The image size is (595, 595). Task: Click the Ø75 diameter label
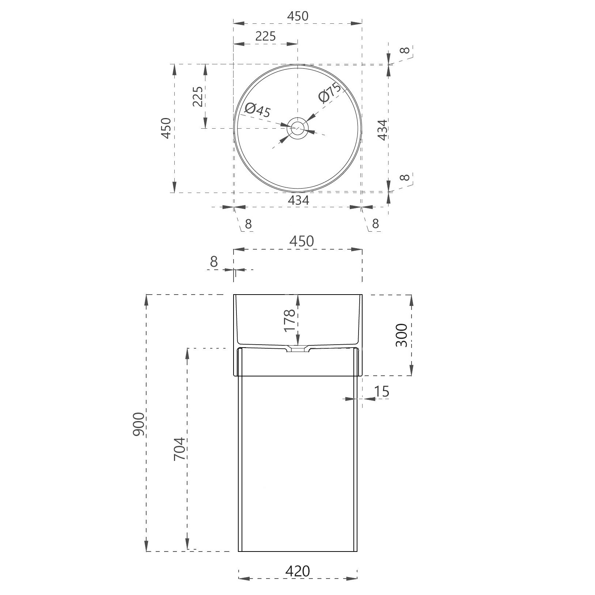click(x=329, y=93)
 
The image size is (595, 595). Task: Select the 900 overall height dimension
click(x=139, y=424)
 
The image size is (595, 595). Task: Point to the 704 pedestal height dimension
click(x=180, y=449)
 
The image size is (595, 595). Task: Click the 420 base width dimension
click(x=297, y=571)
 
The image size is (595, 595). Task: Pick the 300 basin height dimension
click(x=401, y=335)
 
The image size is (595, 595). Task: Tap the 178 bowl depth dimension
click(x=289, y=320)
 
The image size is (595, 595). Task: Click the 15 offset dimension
click(x=382, y=391)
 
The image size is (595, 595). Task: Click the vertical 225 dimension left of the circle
click(x=198, y=96)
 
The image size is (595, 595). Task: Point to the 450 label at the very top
click(x=297, y=16)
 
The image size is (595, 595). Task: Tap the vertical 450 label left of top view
click(x=166, y=128)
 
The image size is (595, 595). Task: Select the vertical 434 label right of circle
click(x=382, y=130)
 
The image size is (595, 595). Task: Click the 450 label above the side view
click(x=302, y=241)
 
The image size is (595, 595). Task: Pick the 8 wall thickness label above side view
click(x=214, y=262)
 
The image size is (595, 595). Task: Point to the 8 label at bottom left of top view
click(x=249, y=223)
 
